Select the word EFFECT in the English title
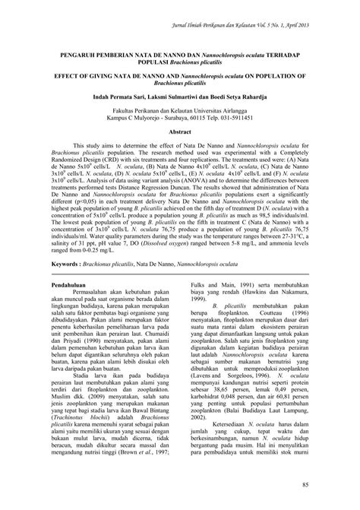(x=65, y=77)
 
